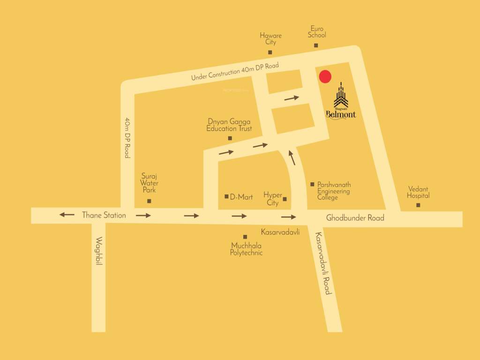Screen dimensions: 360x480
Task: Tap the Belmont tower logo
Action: coord(341,96)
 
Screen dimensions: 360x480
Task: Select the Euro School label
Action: coord(317,32)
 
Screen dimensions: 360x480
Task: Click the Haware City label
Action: coord(270,39)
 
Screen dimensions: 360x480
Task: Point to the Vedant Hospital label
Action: coord(418,193)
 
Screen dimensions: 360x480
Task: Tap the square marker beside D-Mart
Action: coord(227,196)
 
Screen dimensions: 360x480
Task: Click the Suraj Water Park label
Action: coord(150,183)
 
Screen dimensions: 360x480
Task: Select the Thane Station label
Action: coord(104,215)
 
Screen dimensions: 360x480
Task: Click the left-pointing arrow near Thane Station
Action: coord(67,215)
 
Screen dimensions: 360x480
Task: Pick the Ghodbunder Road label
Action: coord(355,217)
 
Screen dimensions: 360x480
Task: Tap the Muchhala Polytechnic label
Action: coord(246,249)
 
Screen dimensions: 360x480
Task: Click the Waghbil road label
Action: coord(99,251)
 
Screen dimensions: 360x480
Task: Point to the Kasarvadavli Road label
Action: coord(323,263)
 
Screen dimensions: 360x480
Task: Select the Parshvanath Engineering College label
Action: coord(334,191)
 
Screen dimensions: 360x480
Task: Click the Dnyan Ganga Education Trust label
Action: coord(229,125)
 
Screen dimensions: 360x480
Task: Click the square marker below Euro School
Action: coord(316,45)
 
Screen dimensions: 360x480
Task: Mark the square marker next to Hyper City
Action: coord(285,199)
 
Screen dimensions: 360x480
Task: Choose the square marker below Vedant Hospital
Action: coord(418,205)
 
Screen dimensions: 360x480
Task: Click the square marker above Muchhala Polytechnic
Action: coord(245,237)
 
